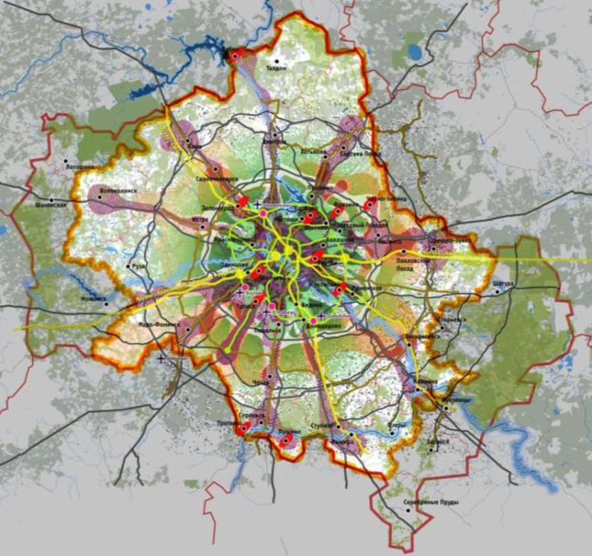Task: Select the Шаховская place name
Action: (x=52, y=206)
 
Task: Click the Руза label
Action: (x=138, y=266)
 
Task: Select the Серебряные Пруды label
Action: (x=426, y=502)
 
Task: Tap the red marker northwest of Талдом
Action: (x=235, y=56)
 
